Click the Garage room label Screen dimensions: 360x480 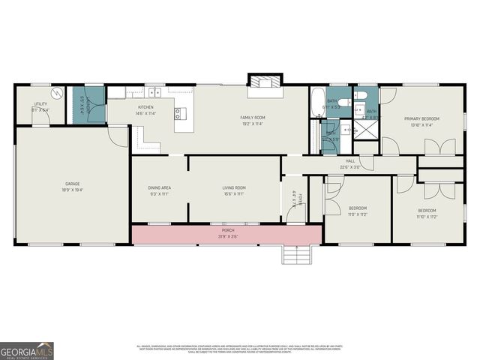click(72, 184)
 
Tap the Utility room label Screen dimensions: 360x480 click(40, 104)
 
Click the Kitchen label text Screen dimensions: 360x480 click(145, 107)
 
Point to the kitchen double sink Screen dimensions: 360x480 click(154, 91)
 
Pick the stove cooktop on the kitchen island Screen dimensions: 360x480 click(178, 114)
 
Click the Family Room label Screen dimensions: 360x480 click(252, 118)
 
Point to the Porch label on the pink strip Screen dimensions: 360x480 click(227, 232)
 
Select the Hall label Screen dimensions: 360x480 click(349, 160)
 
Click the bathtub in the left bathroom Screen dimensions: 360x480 click(316, 98)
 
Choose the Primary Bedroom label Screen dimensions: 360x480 click(421, 118)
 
